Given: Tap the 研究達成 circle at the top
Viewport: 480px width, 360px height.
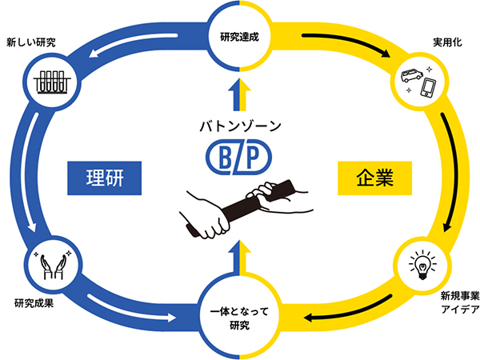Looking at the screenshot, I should (240, 35).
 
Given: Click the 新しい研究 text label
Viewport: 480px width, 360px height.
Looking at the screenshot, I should (30, 41).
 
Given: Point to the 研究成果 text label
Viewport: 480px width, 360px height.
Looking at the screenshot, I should (36, 303).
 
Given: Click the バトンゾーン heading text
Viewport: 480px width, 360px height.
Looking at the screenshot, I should (239, 126).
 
